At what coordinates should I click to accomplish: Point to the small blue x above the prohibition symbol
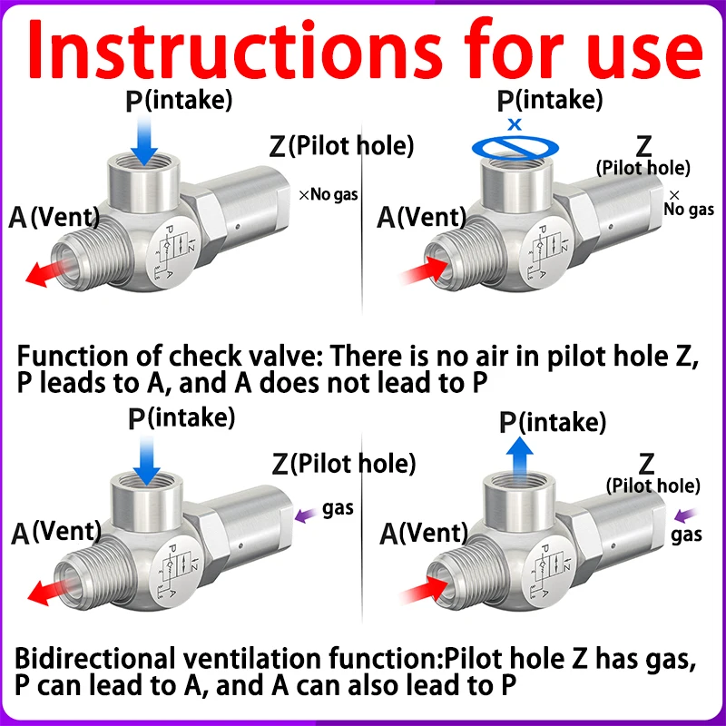click(x=515, y=123)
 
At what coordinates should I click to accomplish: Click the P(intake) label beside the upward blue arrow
click(x=554, y=422)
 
